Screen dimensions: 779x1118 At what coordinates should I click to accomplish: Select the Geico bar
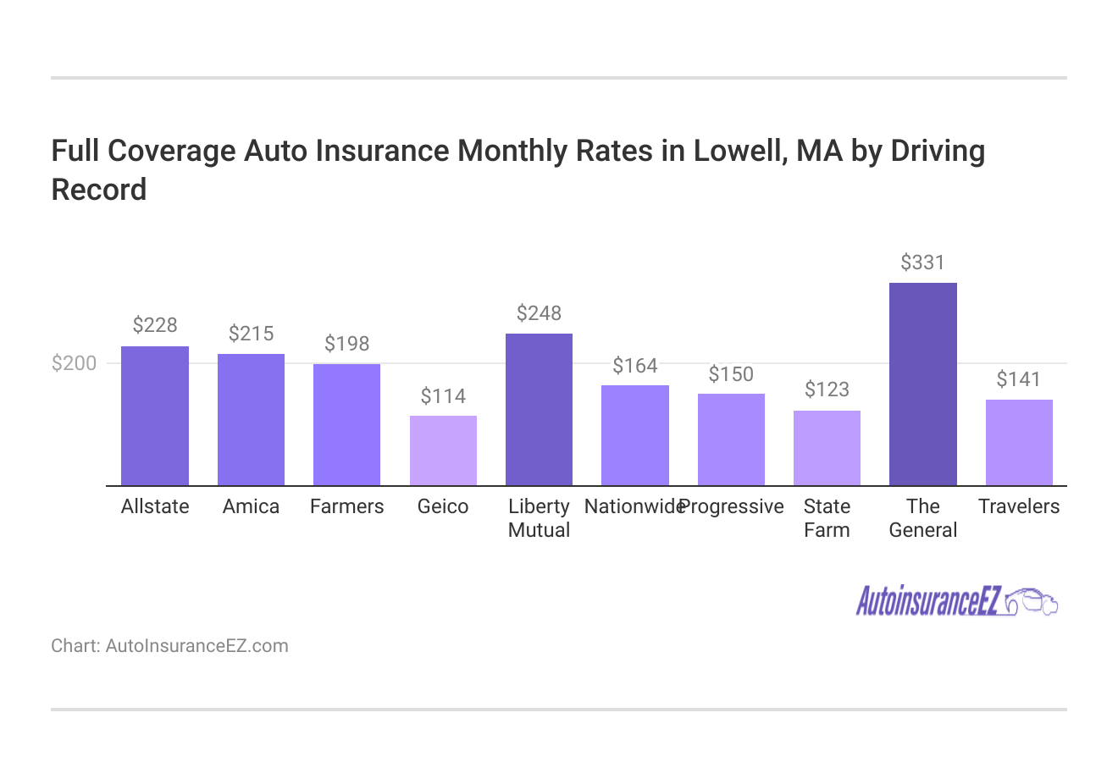443,450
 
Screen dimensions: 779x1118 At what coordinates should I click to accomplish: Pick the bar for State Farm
827,448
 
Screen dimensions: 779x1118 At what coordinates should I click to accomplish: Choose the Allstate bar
155,416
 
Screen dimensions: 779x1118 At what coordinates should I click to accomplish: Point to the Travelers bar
1019,442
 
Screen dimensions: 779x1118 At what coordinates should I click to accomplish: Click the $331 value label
922,262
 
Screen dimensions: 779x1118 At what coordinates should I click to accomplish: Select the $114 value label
443,396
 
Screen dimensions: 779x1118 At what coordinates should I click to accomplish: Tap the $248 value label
539,313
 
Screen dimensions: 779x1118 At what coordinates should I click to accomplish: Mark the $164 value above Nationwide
635,366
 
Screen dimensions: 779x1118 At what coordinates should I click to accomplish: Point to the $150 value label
731,374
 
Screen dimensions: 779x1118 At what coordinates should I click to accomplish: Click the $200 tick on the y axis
75,363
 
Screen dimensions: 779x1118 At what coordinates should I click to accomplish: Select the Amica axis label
251,506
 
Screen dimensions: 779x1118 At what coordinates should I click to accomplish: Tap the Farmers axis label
346,506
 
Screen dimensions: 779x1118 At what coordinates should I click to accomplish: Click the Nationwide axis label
633,506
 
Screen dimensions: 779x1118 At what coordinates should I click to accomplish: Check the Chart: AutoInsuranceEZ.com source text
169,646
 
